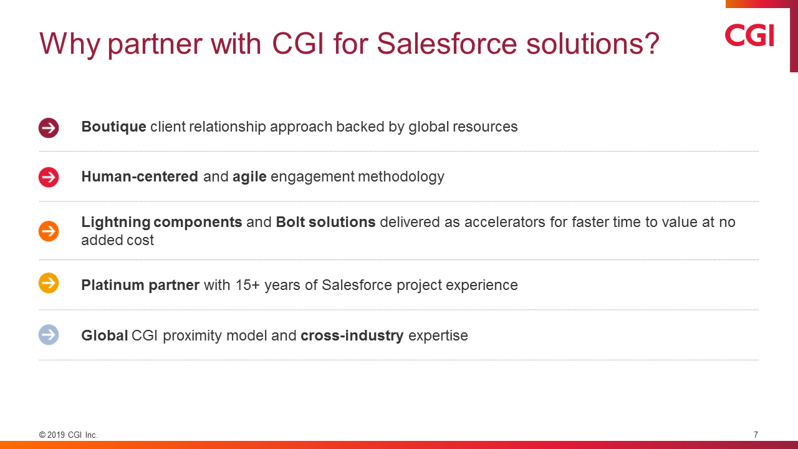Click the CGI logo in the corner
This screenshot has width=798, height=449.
click(x=749, y=35)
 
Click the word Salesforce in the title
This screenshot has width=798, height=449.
click(x=447, y=44)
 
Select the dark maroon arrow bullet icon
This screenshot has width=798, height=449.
click(x=49, y=128)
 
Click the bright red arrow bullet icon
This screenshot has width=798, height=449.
click(x=49, y=177)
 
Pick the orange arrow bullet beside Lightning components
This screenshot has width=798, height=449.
click(x=49, y=231)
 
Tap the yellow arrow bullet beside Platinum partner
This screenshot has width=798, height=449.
click(x=49, y=283)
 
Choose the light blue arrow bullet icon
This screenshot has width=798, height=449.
click(x=49, y=335)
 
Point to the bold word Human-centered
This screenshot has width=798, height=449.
click(x=140, y=176)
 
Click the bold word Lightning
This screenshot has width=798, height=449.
click(x=116, y=223)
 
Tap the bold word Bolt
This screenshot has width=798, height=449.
click(x=290, y=222)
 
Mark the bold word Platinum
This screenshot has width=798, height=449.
click(x=113, y=285)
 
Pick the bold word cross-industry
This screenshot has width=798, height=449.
click(x=352, y=336)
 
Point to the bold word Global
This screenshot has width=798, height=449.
click(x=104, y=336)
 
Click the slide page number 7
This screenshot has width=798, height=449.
click(x=756, y=435)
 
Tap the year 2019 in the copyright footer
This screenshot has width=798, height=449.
click(x=56, y=435)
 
